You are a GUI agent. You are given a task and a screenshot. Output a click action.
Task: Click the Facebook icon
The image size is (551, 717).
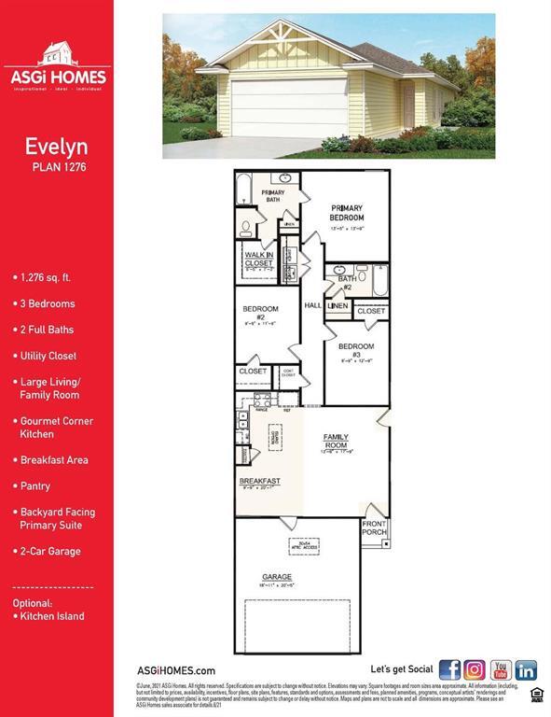450,669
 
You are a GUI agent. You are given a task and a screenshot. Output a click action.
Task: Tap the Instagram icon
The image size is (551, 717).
475,669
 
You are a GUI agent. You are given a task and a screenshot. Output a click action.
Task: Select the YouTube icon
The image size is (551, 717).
502,669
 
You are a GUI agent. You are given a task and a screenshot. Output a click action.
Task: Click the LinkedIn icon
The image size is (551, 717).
527,669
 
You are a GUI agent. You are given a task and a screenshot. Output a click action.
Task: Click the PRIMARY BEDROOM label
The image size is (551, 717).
347,213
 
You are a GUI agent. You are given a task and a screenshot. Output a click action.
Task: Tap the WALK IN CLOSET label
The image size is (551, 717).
258,259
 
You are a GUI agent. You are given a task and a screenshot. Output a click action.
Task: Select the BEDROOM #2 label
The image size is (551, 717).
261,313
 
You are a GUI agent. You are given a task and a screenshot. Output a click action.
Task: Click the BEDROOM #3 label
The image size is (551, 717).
355,350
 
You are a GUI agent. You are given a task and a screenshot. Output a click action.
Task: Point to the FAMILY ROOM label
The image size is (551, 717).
336,441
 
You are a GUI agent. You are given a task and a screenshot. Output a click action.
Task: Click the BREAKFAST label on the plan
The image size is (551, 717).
259,481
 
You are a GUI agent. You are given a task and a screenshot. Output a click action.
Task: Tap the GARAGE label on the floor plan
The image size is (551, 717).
277,577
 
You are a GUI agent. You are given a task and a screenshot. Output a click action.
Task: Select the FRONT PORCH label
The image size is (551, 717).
374,528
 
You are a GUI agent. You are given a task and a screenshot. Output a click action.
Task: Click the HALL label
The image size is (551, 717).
312,305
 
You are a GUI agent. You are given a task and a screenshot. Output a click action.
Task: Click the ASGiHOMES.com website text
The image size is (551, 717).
176,670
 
